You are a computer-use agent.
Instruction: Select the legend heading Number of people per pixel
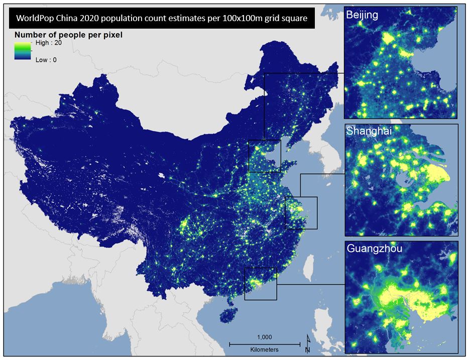(68, 35)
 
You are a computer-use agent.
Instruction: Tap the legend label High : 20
(49, 43)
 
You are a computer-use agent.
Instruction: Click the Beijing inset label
(362, 15)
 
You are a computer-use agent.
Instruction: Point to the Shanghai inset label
(369, 132)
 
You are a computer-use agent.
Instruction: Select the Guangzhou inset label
(374, 249)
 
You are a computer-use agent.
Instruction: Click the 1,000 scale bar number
(264, 337)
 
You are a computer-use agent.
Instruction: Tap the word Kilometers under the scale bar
(264, 349)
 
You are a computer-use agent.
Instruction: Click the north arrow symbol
(307, 343)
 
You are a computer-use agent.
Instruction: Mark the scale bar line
(264, 344)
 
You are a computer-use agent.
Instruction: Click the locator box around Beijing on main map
(265, 156)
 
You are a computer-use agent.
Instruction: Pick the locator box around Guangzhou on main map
(261, 284)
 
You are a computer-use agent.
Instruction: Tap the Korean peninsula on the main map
(320, 151)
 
